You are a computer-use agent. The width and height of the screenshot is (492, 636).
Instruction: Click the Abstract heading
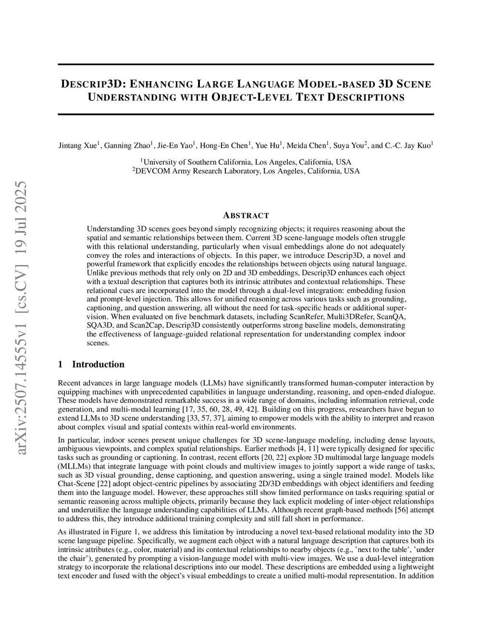246,216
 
